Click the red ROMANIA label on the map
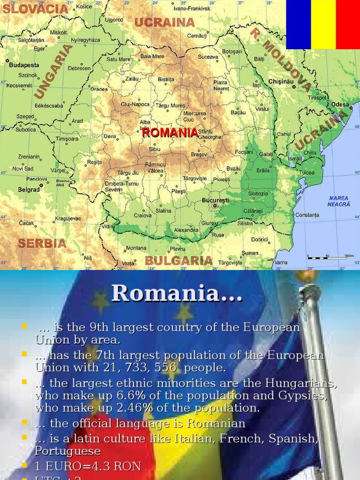tap(170, 133)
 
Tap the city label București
tap(215, 200)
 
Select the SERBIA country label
tap(42, 243)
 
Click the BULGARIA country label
tap(179, 261)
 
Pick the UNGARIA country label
tap(53, 71)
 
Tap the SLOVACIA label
tap(36, 9)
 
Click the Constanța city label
tap(307, 215)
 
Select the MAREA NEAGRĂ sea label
tap(338, 201)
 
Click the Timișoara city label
tap(67, 139)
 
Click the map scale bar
tap(330, 257)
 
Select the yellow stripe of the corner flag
tap(323, 24)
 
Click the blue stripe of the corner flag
tap(299, 24)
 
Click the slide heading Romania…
tap(177, 293)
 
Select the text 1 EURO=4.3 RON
tap(88, 466)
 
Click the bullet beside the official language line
tap(24, 423)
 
